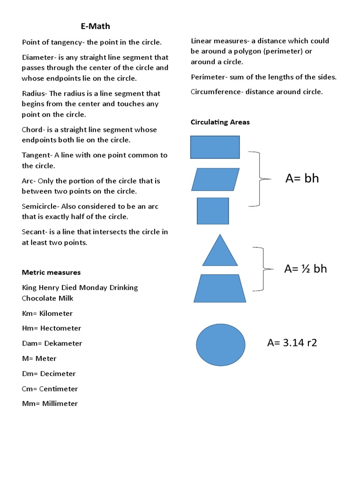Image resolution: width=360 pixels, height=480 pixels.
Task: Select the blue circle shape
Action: [x=220, y=344]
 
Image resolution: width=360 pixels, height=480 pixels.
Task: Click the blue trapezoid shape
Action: [x=219, y=288]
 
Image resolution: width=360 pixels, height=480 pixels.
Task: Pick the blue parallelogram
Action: [x=216, y=179]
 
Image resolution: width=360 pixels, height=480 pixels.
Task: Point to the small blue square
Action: [x=213, y=210]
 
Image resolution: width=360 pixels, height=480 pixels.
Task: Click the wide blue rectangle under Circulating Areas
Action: [x=215, y=147]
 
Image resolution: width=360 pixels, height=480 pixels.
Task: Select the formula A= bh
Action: [x=302, y=179]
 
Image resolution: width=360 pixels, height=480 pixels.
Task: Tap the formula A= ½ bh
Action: [x=306, y=269]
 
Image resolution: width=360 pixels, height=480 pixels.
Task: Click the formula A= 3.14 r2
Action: [x=292, y=343]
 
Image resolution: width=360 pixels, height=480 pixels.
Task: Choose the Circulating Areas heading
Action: [x=220, y=122]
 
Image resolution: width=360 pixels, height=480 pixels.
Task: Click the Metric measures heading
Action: [x=51, y=272]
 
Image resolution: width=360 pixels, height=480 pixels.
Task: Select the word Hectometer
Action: [x=60, y=328]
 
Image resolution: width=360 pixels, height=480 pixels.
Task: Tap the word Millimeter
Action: [x=60, y=404]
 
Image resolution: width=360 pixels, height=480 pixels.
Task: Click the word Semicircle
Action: [x=39, y=206]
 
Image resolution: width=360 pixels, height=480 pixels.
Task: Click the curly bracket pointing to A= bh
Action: [x=259, y=179]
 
